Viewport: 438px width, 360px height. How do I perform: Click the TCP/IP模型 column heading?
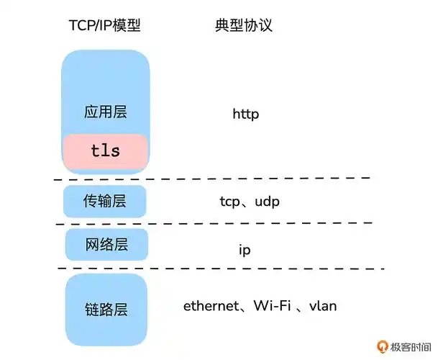tap(104, 27)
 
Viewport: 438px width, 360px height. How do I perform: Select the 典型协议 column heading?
tap(244, 27)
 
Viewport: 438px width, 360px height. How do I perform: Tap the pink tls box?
tap(106, 151)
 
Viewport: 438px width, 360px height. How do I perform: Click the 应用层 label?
tap(105, 113)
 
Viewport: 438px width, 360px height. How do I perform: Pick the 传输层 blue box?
tap(105, 202)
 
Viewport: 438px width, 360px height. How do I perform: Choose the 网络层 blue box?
tap(106, 245)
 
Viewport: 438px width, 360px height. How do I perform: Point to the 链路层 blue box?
tap(106, 309)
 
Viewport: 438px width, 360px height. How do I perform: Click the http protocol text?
tap(245, 114)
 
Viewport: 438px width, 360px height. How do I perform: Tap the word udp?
tap(266, 202)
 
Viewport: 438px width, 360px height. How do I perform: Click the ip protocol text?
tap(245, 250)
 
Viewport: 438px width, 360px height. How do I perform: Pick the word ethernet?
tap(210, 306)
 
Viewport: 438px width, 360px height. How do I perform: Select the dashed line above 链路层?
tap(216, 268)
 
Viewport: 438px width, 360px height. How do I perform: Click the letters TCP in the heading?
tap(81, 27)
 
